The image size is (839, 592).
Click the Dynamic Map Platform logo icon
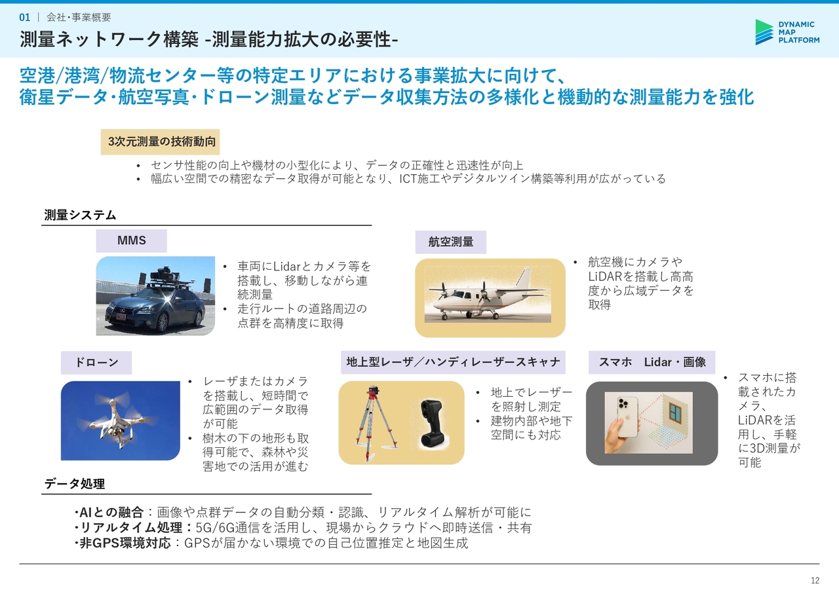tap(764, 32)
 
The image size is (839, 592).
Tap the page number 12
tap(815, 580)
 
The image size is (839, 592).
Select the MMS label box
tap(132, 240)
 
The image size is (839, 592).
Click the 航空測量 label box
tap(450, 242)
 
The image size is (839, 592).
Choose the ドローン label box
tap(96, 363)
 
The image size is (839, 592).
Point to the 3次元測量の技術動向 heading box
tap(161, 142)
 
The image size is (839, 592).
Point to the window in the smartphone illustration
tap(675, 413)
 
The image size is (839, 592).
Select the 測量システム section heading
tap(80, 215)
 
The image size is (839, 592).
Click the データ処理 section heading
tap(75, 484)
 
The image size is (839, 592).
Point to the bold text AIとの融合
tap(111, 512)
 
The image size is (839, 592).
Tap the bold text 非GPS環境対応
tap(125, 543)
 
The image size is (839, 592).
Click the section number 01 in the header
tap(25, 17)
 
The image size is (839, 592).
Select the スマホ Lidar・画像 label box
tap(652, 362)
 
